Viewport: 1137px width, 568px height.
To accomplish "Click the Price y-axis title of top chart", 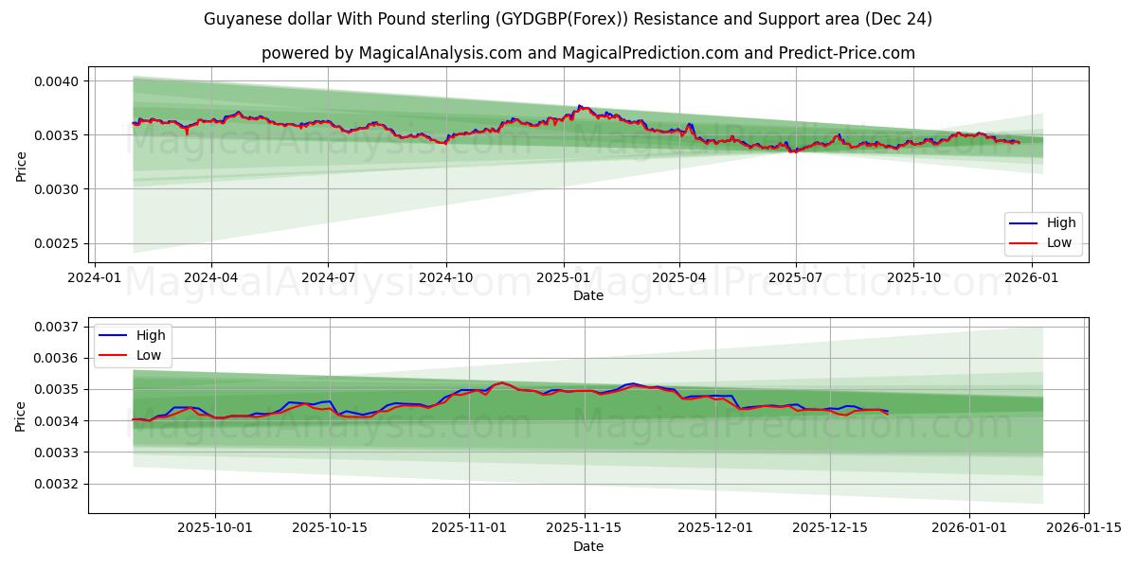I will pos(21,167).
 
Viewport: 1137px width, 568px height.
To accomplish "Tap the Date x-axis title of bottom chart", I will pos(587,546).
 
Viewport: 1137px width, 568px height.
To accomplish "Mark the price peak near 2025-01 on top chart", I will pos(580,106).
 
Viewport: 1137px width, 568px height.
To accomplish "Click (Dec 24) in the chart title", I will pos(901,19).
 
